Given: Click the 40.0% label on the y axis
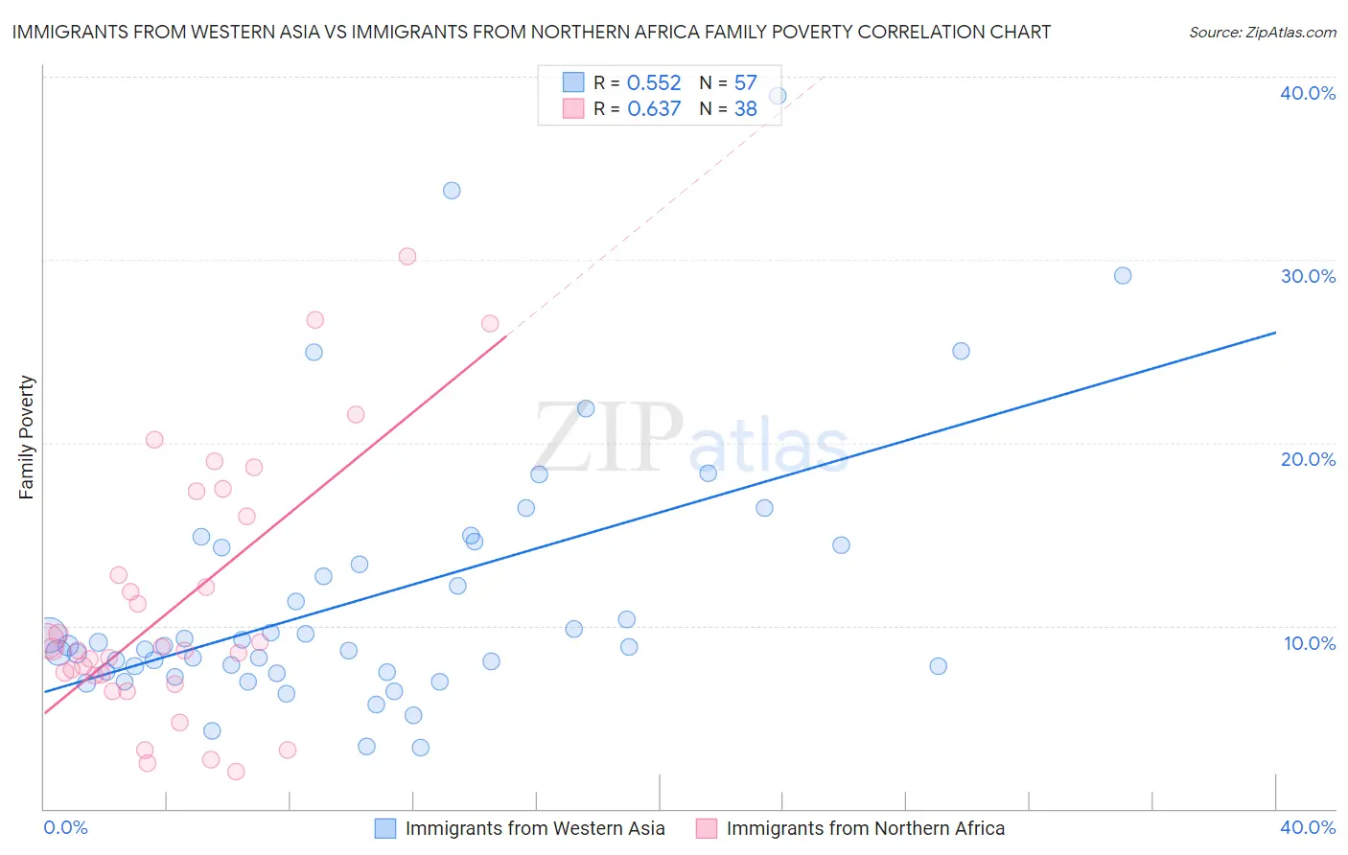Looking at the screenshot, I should [1308, 93].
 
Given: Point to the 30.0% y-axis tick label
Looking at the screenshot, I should [1308, 276].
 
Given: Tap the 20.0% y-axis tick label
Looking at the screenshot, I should [1308, 459].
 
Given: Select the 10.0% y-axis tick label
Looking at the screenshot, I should [1310, 643].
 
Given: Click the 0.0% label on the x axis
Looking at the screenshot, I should [66, 827].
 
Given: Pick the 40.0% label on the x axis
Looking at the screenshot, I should [1308, 827].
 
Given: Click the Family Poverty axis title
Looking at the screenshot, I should [27, 437].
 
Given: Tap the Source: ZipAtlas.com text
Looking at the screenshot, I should [1262, 32].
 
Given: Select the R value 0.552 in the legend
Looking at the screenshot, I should [654, 83].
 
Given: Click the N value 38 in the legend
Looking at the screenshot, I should [746, 109].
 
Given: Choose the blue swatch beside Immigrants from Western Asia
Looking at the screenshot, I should [385, 828].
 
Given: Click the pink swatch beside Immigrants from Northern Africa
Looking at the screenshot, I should [707, 828].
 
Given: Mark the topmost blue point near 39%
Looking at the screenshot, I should [778, 96].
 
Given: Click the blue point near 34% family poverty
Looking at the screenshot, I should [452, 191].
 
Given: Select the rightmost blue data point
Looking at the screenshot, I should [1123, 276].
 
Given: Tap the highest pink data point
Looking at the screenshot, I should [407, 256].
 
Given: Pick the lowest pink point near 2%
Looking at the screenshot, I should [236, 772].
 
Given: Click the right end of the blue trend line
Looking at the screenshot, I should [1275, 333].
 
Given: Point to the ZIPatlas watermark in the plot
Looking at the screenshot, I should [690, 440].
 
